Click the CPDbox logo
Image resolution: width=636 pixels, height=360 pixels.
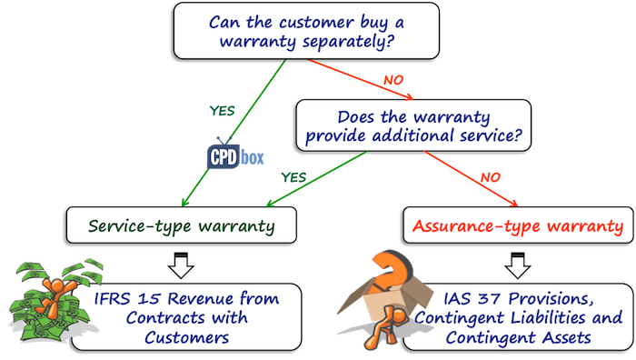(234, 155)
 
